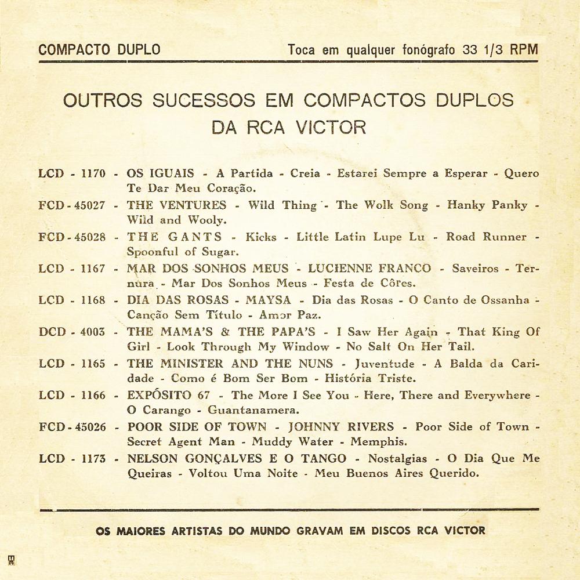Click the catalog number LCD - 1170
[72, 173]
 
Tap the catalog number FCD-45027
[72, 205]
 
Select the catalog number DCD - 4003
[72, 332]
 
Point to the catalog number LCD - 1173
[72, 459]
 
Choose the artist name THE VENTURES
[176, 205]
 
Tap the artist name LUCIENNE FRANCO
[369, 269]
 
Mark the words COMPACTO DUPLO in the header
[99, 49]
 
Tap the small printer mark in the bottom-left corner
[11, 560]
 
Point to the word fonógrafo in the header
[430, 49]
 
